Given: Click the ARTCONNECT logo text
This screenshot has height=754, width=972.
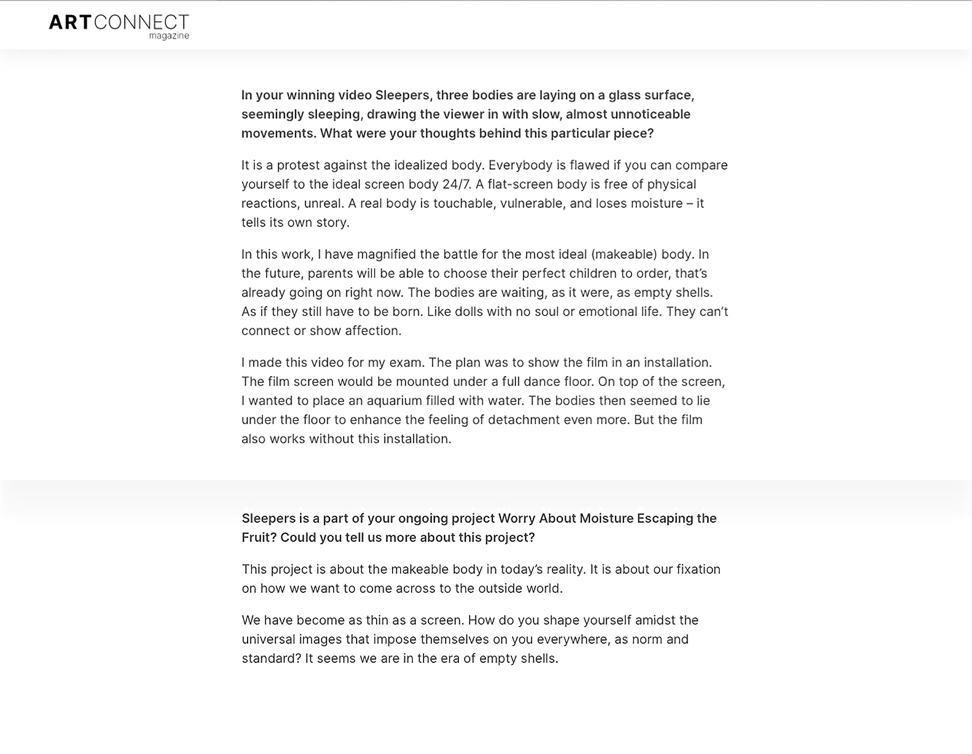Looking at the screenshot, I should click(118, 22).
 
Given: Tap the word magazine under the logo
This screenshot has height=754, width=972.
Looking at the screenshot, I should click(169, 36).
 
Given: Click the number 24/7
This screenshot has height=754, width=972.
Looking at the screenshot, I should click(457, 184).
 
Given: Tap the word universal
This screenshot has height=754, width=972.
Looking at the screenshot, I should click(268, 639).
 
